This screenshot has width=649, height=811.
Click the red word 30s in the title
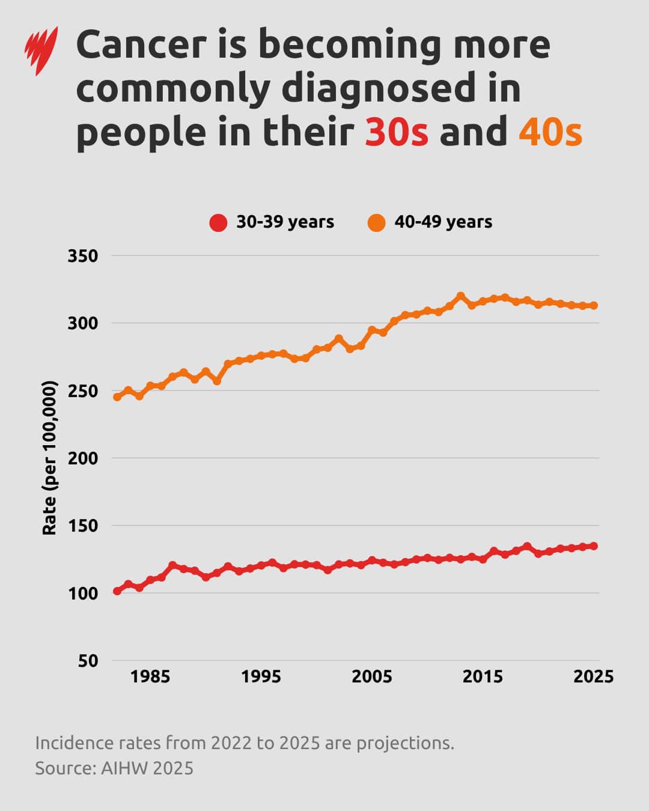397,132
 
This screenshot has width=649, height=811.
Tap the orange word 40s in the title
550,132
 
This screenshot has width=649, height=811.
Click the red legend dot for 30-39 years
218,222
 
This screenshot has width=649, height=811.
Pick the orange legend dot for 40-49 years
376,222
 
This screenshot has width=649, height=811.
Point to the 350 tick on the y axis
83,256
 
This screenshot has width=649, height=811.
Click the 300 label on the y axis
83,323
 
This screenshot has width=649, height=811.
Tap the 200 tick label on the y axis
83,458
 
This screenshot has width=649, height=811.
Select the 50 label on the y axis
88,661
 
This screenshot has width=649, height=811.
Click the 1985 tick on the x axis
150,676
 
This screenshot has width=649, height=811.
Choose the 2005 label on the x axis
371,676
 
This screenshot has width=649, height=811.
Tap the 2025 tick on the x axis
593,676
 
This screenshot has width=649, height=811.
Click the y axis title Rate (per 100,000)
49,458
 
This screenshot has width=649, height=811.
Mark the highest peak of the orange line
461,296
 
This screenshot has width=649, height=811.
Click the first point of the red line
117,591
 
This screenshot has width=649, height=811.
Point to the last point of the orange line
594,305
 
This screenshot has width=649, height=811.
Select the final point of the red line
594,546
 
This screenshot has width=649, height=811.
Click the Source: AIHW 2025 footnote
114,768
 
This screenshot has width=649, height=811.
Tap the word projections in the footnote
405,743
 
